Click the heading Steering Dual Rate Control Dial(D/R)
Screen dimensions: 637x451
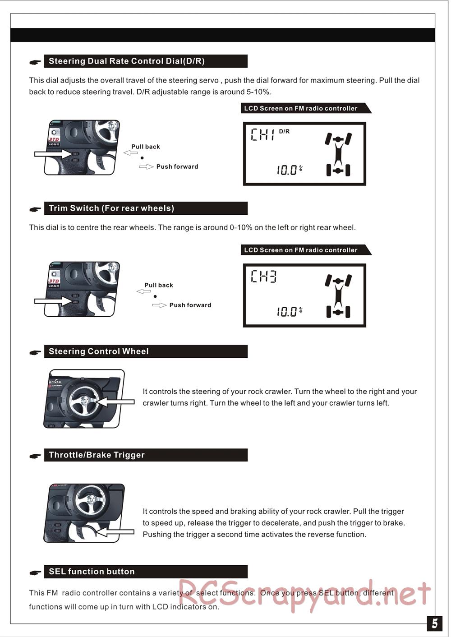[127, 61]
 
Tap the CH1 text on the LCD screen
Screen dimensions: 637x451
[262, 134]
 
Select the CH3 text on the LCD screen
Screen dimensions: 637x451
[263, 276]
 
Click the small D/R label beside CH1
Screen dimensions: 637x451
[284, 132]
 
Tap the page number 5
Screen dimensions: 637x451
[434, 623]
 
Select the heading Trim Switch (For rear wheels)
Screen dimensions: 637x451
[111, 208]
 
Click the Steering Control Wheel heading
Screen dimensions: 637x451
[99, 351]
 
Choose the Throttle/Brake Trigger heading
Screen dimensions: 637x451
[97, 455]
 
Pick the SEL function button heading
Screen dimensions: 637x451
[92, 572]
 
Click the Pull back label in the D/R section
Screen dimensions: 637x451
[145, 147]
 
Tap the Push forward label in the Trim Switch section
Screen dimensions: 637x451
[190, 305]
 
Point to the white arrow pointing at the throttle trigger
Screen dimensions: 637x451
[115, 532]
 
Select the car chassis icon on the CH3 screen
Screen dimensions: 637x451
[338, 295]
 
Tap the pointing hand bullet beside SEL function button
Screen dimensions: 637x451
[35, 573]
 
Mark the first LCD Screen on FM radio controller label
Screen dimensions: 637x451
[301, 108]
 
